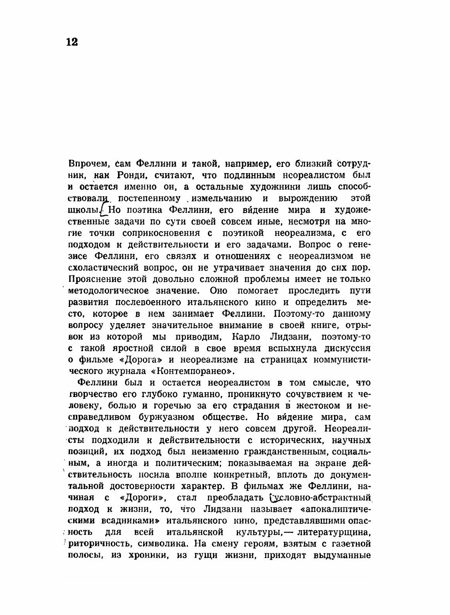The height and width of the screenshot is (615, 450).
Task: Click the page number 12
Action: [72, 42]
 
